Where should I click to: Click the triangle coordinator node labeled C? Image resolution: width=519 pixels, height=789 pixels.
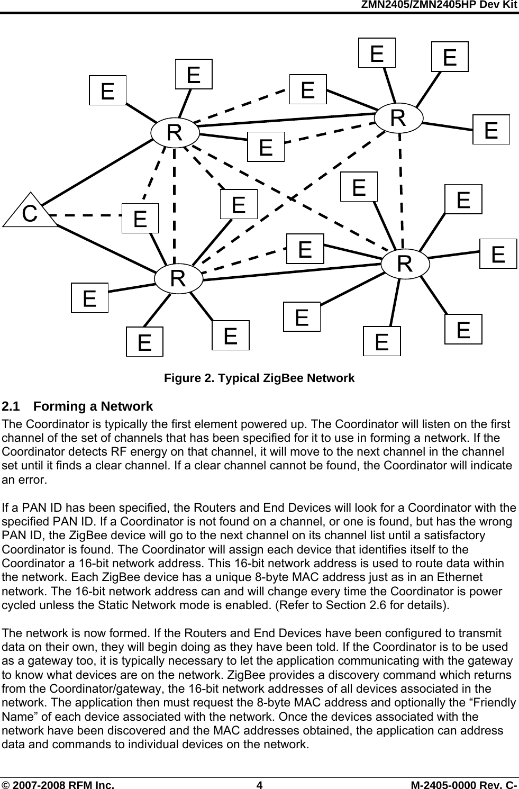30,213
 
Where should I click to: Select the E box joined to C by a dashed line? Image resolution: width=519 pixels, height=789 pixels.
140,218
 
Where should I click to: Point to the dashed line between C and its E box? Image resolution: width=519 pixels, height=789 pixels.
88,215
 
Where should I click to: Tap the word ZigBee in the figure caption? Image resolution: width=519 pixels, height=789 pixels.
281,378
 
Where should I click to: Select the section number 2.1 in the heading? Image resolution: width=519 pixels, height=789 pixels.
11,406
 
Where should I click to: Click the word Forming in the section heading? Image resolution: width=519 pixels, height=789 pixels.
54,406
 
